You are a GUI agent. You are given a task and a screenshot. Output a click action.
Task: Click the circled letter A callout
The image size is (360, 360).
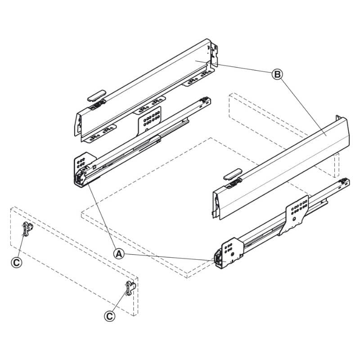[118, 254]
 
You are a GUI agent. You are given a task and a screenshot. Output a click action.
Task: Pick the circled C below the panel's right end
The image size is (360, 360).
[109, 316]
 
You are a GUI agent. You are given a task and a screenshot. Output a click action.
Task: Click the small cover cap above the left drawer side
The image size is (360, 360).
[95, 96]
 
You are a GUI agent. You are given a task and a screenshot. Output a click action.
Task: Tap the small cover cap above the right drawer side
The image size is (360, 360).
[232, 173]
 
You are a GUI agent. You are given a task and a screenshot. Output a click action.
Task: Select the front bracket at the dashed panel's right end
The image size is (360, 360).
[129, 288]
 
